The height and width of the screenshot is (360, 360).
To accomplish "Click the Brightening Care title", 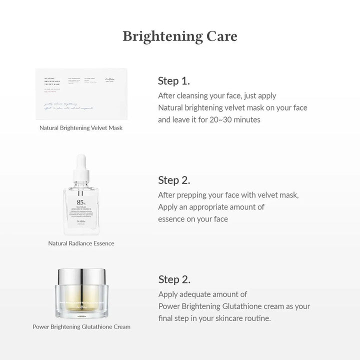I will click(180, 36).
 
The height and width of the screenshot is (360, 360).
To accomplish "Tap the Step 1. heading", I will click(173, 81).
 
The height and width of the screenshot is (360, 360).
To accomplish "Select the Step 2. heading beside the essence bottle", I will click(174, 180).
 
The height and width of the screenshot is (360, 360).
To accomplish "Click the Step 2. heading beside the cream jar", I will click(174, 279).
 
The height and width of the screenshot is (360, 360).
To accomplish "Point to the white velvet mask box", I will click(81, 93).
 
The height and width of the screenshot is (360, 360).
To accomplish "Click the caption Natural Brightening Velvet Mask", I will click(81, 128).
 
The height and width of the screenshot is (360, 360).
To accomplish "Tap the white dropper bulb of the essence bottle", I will click(81, 163).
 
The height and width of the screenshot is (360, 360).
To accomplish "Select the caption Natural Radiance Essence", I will click(81, 243).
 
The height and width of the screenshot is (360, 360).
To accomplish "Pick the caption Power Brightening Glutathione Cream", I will click(81, 327).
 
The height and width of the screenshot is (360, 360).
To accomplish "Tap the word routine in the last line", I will click(255, 318).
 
